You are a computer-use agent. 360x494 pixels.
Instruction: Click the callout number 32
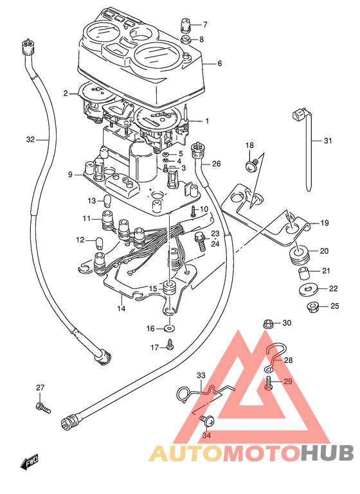coord(30,139)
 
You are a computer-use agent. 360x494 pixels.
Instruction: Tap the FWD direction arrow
coord(29,461)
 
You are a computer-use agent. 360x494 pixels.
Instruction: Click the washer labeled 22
coord(307,289)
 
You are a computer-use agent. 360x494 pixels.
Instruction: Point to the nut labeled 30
coord(268,324)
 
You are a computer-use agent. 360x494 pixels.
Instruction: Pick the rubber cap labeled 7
coord(185,24)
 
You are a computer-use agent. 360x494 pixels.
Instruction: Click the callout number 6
coord(219,64)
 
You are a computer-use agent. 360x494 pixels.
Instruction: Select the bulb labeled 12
coord(98,242)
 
